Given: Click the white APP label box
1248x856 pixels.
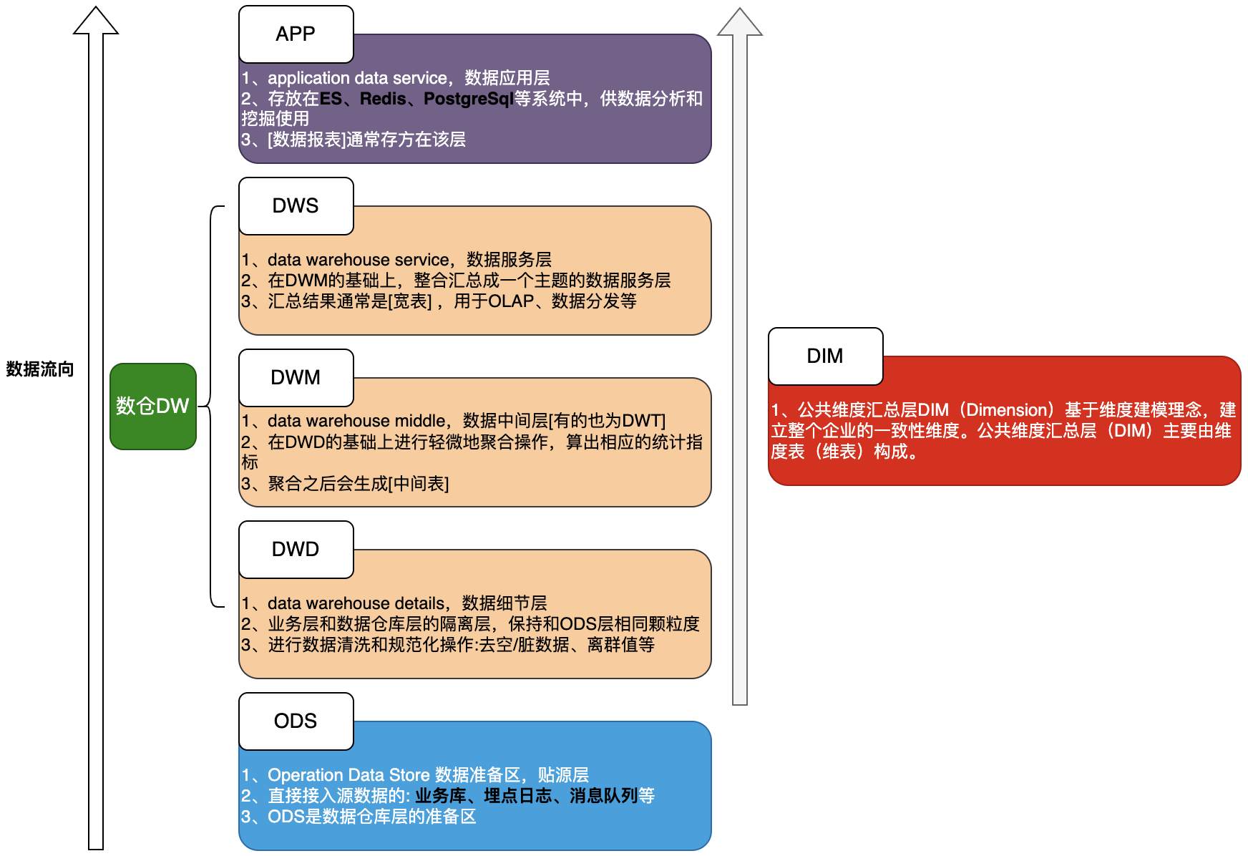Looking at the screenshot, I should point(296,34).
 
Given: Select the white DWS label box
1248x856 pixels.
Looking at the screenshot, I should point(296,206).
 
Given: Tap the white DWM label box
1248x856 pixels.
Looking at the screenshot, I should point(296,378).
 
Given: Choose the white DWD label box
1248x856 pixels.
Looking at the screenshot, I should point(296,550).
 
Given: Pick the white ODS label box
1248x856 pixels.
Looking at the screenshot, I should point(296,721).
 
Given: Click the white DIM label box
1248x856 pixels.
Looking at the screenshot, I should point(825,356).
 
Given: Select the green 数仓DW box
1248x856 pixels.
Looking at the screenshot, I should point(152,407).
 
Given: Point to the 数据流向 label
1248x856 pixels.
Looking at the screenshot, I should point(40,369).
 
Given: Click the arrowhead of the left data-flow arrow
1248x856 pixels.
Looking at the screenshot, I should point(96,21).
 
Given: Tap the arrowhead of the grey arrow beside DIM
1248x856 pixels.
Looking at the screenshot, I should point(740,22).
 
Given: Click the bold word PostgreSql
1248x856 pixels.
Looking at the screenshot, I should point(469,99).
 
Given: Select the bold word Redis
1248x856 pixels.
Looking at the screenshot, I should point(383,99).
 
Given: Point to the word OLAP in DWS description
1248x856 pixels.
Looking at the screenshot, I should point(511,301).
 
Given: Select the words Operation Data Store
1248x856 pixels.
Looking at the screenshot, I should point(348,775).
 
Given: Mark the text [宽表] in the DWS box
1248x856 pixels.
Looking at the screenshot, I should point(410,301).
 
